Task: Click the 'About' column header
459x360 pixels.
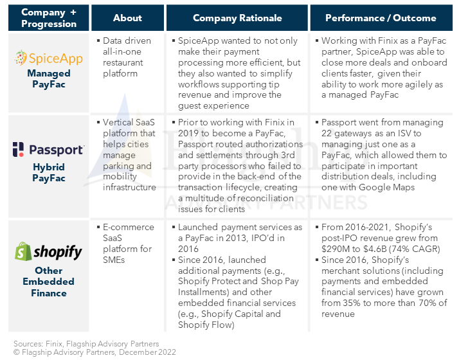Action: coord(127,18)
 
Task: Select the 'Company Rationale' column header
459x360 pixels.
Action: coord(237,18)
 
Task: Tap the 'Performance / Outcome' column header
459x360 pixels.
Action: coord(379,18)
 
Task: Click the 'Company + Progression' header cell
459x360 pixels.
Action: coord(48,18)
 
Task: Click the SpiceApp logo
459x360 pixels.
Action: coord(48,58)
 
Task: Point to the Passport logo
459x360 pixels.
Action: coord(48,150)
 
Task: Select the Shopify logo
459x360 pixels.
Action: coord(48,251)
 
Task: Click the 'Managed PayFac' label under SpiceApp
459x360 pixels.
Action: coord(48,79)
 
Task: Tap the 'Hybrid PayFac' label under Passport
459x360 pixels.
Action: coord(48,172)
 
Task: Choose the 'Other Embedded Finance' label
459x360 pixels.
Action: coord(48,281)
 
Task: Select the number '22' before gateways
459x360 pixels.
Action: coord(327,134)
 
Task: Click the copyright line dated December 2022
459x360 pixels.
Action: coord(94,352)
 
